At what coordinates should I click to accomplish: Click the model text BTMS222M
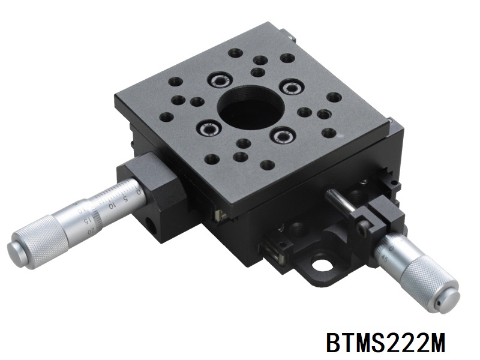pos(385,343)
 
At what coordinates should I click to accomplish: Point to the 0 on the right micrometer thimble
pos(391,248)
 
